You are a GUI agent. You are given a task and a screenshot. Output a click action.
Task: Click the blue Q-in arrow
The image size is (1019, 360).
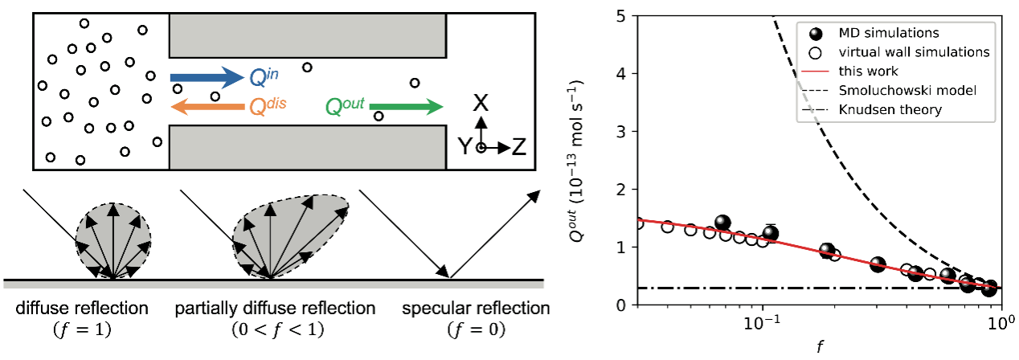(x=206, y=77)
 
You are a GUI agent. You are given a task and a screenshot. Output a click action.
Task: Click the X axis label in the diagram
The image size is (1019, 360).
(x=480, y=102)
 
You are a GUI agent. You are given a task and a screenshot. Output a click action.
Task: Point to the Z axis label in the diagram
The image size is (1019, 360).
(x=519, y=147)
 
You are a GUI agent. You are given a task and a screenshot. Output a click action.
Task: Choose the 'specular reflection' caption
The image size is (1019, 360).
(x=476, y=309)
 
